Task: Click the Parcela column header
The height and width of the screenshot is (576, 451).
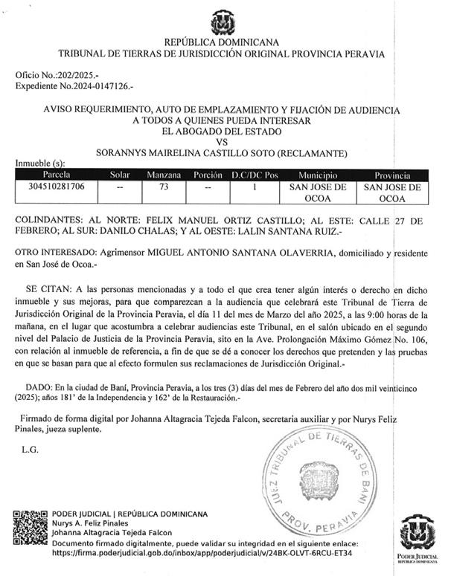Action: pyautogui.click(x=51, y=175)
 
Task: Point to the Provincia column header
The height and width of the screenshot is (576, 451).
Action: pyautogui.click(x=391, y=175)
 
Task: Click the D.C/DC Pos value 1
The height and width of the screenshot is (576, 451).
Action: pyautogui.click(x=253, y=187)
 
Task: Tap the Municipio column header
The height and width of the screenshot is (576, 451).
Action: pyautogui.click(x=318, y=175)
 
